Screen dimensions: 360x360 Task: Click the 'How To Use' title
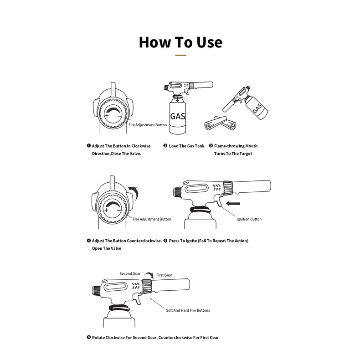pyautogui.click(x=180, y=42)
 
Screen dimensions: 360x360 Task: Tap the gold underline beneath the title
pyautogui.click(x=180, y=55)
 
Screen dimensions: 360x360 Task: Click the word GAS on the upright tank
pyautogui.click(x=177, y=116)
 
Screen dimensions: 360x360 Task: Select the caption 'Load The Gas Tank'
pyautogui.click(x=186, y=146)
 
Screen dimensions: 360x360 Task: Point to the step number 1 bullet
pyautogui.click(x=89, y=146)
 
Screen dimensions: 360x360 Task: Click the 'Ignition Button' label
pyautogui.click(x=249, y=219)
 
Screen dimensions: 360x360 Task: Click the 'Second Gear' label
pyautogui.click(x=130, y=274)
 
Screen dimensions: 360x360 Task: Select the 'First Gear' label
pyautogui.click(x=164, y=275)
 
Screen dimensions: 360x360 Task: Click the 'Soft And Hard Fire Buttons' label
pyautogui.click(x=188, y=310)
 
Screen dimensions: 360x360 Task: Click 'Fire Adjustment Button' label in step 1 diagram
pyautogui.click(x=147, y=124)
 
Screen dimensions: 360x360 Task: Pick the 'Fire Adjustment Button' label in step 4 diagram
pyautogui.click(x=152, y=219)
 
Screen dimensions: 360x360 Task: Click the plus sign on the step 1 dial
pyautogui.click(x=107, y=116)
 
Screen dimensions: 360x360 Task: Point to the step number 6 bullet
pyautogui.click(x=89, y=338)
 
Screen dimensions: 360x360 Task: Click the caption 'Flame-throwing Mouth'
pyautogui.click(x=236, y=146)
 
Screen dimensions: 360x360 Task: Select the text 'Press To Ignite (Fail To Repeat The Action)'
pyautogui.click(x=208, y=240)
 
